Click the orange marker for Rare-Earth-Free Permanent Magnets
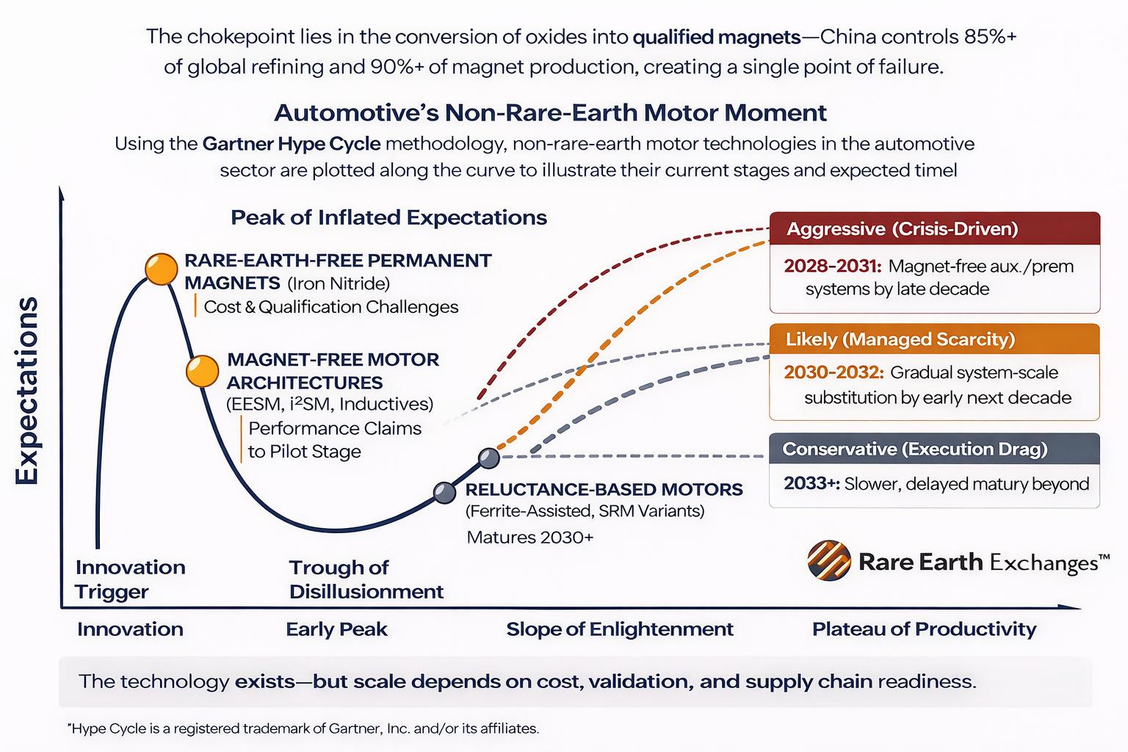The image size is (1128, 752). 161,269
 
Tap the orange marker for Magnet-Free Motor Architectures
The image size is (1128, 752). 202,372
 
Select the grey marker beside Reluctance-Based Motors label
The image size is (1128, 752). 444,492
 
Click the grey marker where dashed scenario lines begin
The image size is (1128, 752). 489,458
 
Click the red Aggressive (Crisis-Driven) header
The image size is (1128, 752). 934,229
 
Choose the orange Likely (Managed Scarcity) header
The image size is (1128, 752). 934,339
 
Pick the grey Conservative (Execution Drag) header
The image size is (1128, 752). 934,449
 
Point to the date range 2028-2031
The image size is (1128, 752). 832,266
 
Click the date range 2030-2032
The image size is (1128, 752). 833,372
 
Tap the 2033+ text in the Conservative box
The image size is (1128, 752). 811,484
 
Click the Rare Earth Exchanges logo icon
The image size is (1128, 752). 828,562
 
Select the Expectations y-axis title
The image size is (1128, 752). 27,391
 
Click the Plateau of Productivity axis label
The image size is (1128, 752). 924,629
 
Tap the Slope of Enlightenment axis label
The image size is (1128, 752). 620,629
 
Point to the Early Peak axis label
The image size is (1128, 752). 336,629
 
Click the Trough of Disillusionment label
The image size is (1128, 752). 366,579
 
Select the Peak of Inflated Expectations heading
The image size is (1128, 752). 388,217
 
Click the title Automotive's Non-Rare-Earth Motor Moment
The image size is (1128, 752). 550,112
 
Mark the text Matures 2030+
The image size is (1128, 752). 529,538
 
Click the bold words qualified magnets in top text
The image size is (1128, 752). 716,37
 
